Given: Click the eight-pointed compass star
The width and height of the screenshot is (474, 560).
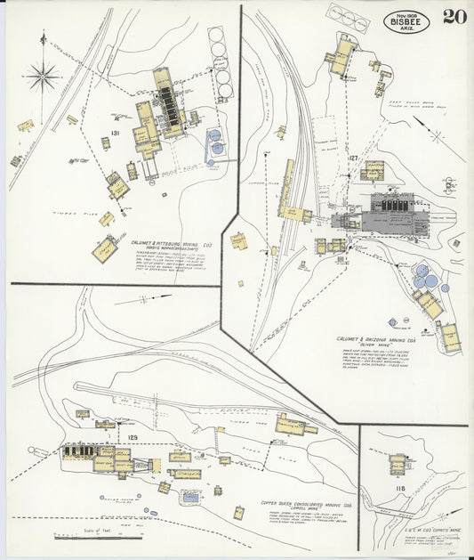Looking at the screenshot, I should click(x=43, y=76).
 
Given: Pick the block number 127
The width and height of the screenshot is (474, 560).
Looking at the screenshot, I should click(x=353, y=158).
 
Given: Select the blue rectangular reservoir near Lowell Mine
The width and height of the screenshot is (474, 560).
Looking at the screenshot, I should click(x=190, y=498).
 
